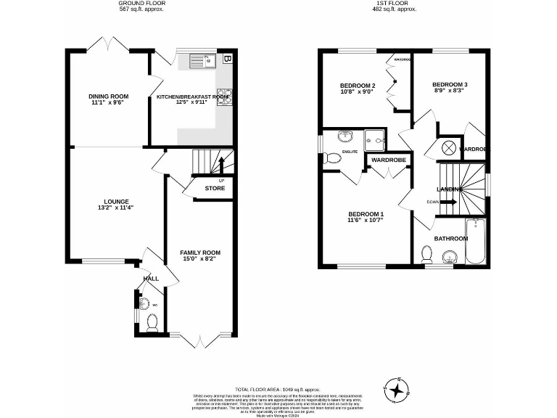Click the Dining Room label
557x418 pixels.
pos(109,96)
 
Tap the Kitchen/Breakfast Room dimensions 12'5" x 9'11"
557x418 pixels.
pos(192,102)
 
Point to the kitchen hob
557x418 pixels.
pos(222,96)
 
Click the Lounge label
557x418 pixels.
pos(116,201)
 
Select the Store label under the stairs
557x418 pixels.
pos(215,189)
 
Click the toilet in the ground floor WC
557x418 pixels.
pos(152,321)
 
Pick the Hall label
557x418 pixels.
pos(151,279)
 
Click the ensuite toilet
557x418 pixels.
pos(333,157)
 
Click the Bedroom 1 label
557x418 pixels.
pos(366,213)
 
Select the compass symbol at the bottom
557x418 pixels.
pos(397,390)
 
